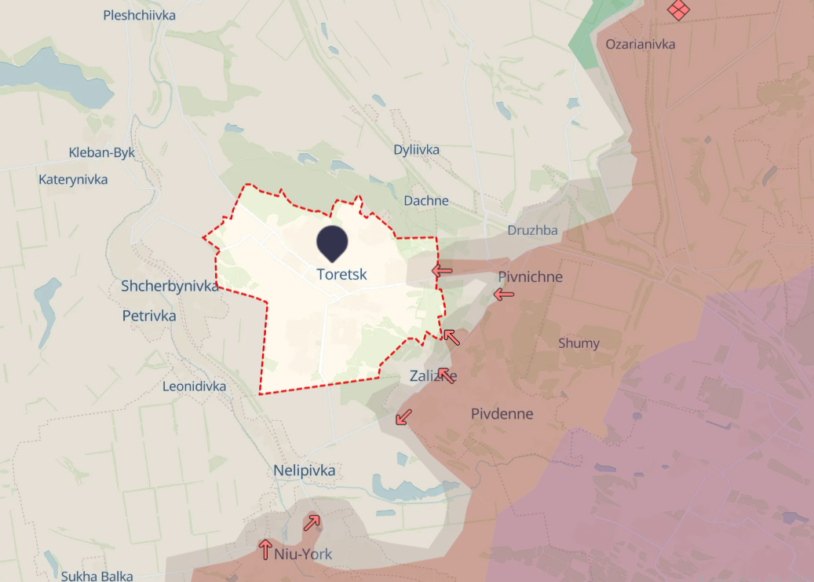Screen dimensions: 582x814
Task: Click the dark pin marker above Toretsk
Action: click(332, 243)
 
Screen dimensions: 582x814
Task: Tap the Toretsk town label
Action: click(341, 274)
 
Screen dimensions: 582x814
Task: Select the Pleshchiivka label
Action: click(139, 15)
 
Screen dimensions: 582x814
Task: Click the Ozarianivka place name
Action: click(641, 44)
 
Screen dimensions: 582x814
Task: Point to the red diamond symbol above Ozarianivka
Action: click(677, 9)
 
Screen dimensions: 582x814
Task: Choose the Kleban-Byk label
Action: click(101, 152)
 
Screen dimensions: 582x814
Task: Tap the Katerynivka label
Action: click(73, 180)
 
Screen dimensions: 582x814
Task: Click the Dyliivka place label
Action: click(417, 149)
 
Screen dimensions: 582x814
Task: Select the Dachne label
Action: click(426, 200)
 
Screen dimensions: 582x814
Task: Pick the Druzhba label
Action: click(532, 230)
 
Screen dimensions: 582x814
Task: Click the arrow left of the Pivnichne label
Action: click(503, 294)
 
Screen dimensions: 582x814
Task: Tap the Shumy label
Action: click(579, 342)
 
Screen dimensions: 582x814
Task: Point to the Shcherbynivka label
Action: click(170, 286)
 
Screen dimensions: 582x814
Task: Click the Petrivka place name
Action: click(149, 316)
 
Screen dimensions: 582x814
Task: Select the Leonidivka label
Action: click(194, 386)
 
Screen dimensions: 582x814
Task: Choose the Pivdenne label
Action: click(502, 413)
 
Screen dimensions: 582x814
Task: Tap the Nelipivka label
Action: click(304, 470)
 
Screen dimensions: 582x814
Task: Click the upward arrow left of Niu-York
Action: click(265, 548)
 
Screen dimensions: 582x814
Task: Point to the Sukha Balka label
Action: click(96, 576)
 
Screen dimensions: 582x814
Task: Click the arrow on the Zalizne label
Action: click(446, 375)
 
